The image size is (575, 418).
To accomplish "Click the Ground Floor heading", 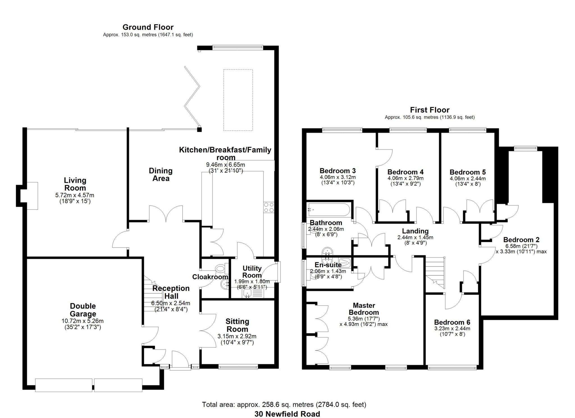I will click(148, 27).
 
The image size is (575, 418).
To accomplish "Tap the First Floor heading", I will click(430, 110).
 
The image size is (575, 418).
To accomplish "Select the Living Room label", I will click(75, 184).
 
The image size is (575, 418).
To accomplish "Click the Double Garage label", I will click(83, 310).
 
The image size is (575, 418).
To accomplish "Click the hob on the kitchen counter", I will click(269, 207).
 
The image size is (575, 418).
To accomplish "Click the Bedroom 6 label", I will click(452, 322).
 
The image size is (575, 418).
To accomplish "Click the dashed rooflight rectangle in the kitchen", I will click(238, 100).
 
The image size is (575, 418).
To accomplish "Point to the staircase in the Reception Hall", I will click(153, 295).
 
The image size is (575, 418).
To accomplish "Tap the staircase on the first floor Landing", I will click(435, 272).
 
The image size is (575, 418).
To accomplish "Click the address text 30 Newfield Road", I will click(287, 414).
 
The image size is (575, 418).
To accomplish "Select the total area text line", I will click(284, 405).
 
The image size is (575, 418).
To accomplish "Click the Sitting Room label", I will click(237, 325).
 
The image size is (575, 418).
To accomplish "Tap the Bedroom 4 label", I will click(405, 172).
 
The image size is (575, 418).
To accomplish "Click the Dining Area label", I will click(161, 174).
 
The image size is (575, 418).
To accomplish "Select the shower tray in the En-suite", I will click(345, 262).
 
